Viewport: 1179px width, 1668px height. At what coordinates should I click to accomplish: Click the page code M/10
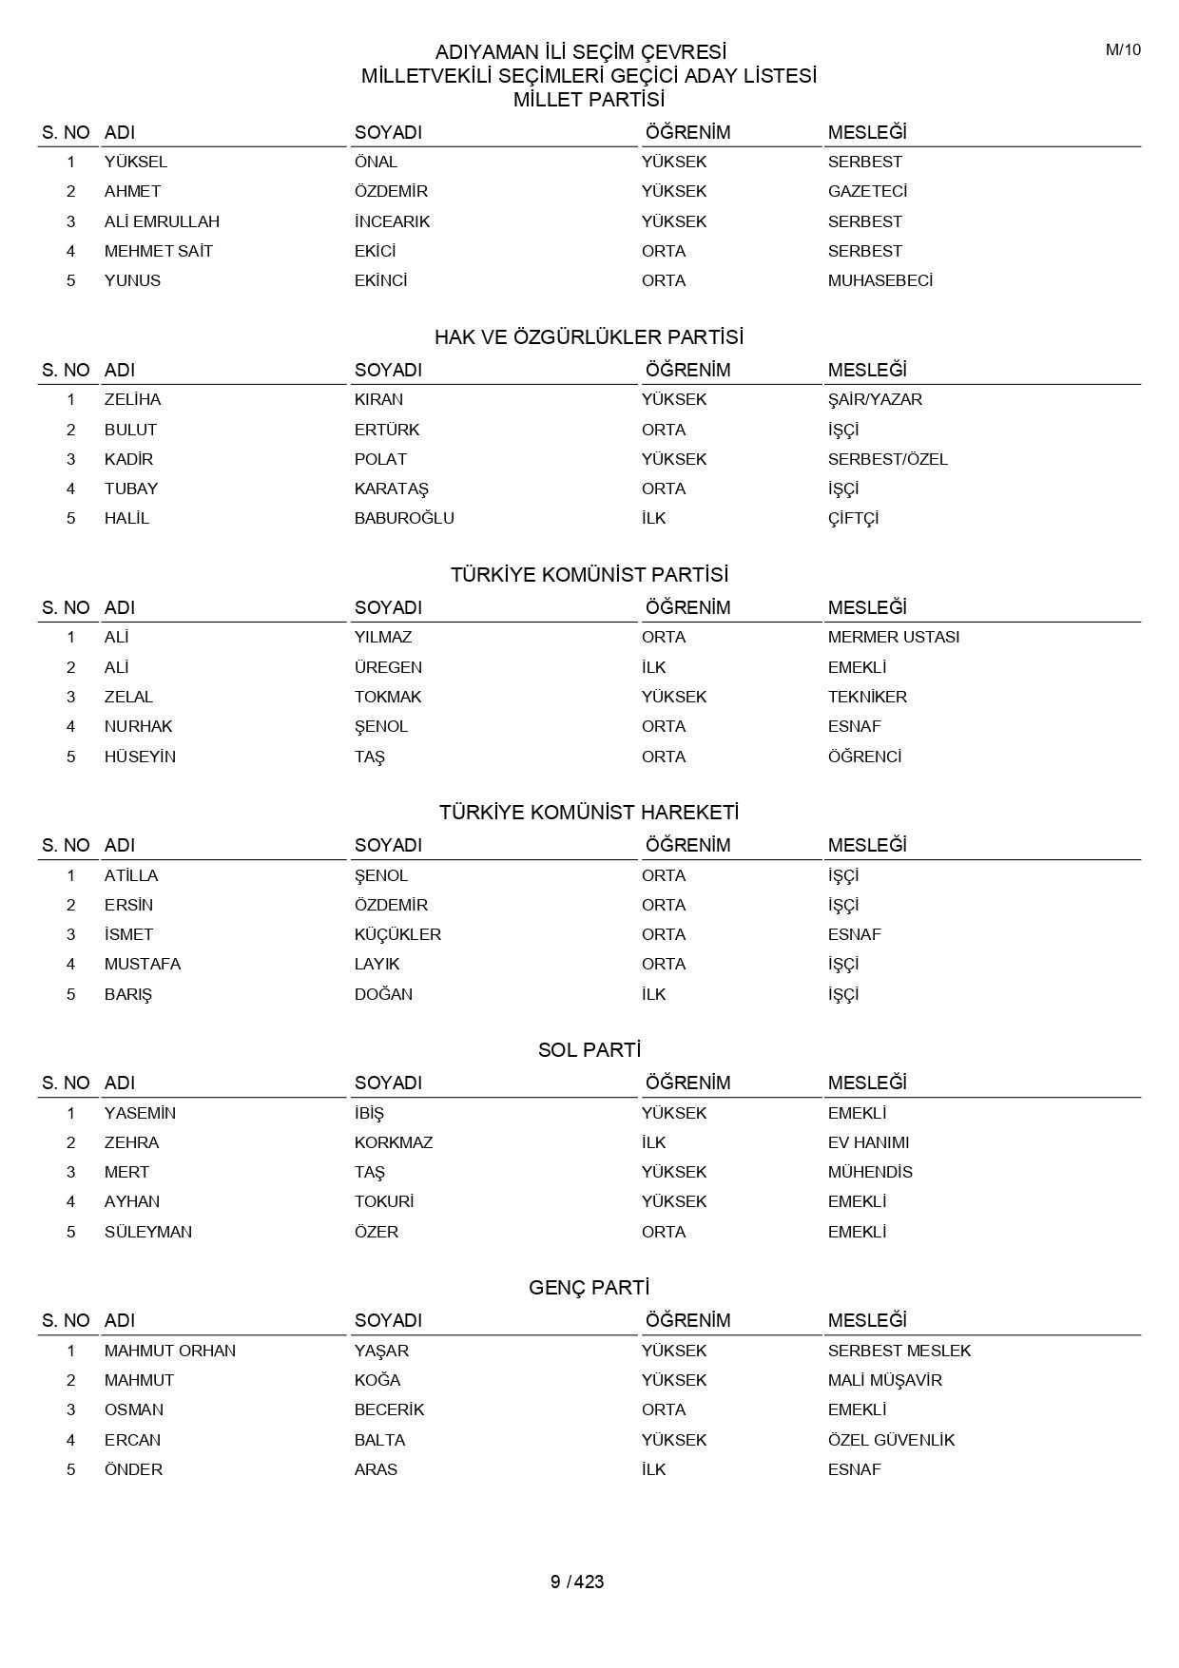[1122, 50]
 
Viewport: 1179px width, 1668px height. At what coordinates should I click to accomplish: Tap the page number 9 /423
[577, 1582]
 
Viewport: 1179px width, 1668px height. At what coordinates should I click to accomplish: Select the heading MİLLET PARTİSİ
[589, 100]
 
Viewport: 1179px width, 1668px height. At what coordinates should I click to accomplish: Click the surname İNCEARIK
[392, 221]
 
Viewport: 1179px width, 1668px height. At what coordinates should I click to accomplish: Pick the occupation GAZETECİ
[867, 191]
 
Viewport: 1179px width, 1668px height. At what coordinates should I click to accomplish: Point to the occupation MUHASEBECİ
[879, 280]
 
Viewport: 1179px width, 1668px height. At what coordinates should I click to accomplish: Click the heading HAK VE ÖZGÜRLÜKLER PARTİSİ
[589, 337]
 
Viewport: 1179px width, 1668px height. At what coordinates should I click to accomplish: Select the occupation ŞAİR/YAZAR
[875, 399]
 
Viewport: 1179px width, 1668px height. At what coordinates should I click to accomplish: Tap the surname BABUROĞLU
[404, 518]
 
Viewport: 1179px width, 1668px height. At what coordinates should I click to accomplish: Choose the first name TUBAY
[131, 489]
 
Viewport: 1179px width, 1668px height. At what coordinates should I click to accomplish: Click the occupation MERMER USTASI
[893, 637]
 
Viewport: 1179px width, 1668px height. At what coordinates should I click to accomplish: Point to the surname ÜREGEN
[388, 667]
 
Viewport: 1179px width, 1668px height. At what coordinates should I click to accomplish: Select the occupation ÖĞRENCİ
[864, 757]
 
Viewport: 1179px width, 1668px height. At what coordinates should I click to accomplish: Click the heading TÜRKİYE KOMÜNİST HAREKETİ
[589, 813]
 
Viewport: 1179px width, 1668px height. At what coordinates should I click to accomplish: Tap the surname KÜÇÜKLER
[397, 934]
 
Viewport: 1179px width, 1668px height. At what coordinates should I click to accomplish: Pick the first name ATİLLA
[131, 875]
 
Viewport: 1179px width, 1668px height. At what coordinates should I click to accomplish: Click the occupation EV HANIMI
[868, 1142]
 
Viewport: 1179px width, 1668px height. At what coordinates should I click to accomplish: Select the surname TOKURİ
[384, 1201]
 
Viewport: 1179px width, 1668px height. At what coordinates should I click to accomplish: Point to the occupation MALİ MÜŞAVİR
[884, 1380]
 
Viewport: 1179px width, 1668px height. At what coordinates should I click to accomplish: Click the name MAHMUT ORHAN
[170, 1351]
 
